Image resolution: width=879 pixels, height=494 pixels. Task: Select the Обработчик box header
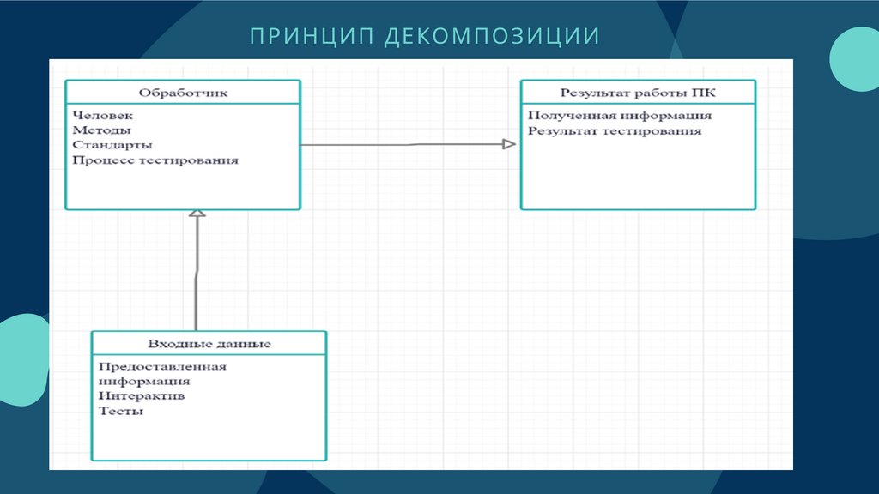coord(183,93)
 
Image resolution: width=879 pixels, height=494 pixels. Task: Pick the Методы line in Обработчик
coord(102,130)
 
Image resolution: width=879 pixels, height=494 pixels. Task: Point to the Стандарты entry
coord(113,145)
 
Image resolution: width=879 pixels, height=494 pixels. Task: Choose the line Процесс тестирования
coord(155,160)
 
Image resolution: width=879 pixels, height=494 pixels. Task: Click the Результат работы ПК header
coord(638,93)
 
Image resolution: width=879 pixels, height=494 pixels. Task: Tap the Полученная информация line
coord(620,116)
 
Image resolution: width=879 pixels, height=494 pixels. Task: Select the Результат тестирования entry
coord(615,131)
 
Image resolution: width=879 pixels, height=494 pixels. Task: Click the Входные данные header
coord(209,344)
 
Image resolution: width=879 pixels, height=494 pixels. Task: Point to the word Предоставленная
coord(162,366)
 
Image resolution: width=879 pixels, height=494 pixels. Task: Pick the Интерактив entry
coord(142,396)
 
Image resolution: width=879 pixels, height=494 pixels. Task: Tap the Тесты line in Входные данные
coord(121,412)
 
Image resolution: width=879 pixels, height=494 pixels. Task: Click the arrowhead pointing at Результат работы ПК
coord(509,144)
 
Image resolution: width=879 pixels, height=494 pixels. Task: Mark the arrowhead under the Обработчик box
coord(197,214)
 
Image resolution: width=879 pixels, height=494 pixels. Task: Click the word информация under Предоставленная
coord(144,382)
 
